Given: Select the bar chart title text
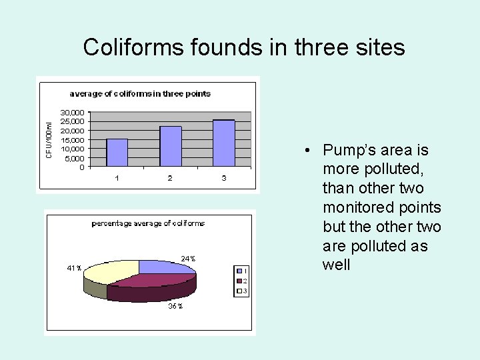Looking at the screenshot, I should pos(140,93).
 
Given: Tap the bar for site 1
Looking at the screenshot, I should pos(117,152).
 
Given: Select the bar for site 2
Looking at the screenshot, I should pos(171,146).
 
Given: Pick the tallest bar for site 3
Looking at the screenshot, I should pos(224,143).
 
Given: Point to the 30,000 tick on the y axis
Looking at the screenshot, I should pos(73,113).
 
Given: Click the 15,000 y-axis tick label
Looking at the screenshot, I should pos(73,140).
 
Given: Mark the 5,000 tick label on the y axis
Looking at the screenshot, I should pos(75,159).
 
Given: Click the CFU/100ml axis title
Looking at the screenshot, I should pos(49,139).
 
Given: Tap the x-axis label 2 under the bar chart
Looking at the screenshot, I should pos(170,178).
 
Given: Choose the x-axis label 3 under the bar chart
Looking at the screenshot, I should pos(224,178).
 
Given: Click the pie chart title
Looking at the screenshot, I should pos(148,223).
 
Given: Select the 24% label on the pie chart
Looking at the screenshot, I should pos(188,258).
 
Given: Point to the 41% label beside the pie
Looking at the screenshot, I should pos(73,268).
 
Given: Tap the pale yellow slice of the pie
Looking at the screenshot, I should pos(110,271).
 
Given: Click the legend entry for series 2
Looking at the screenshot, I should pos(241,281).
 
